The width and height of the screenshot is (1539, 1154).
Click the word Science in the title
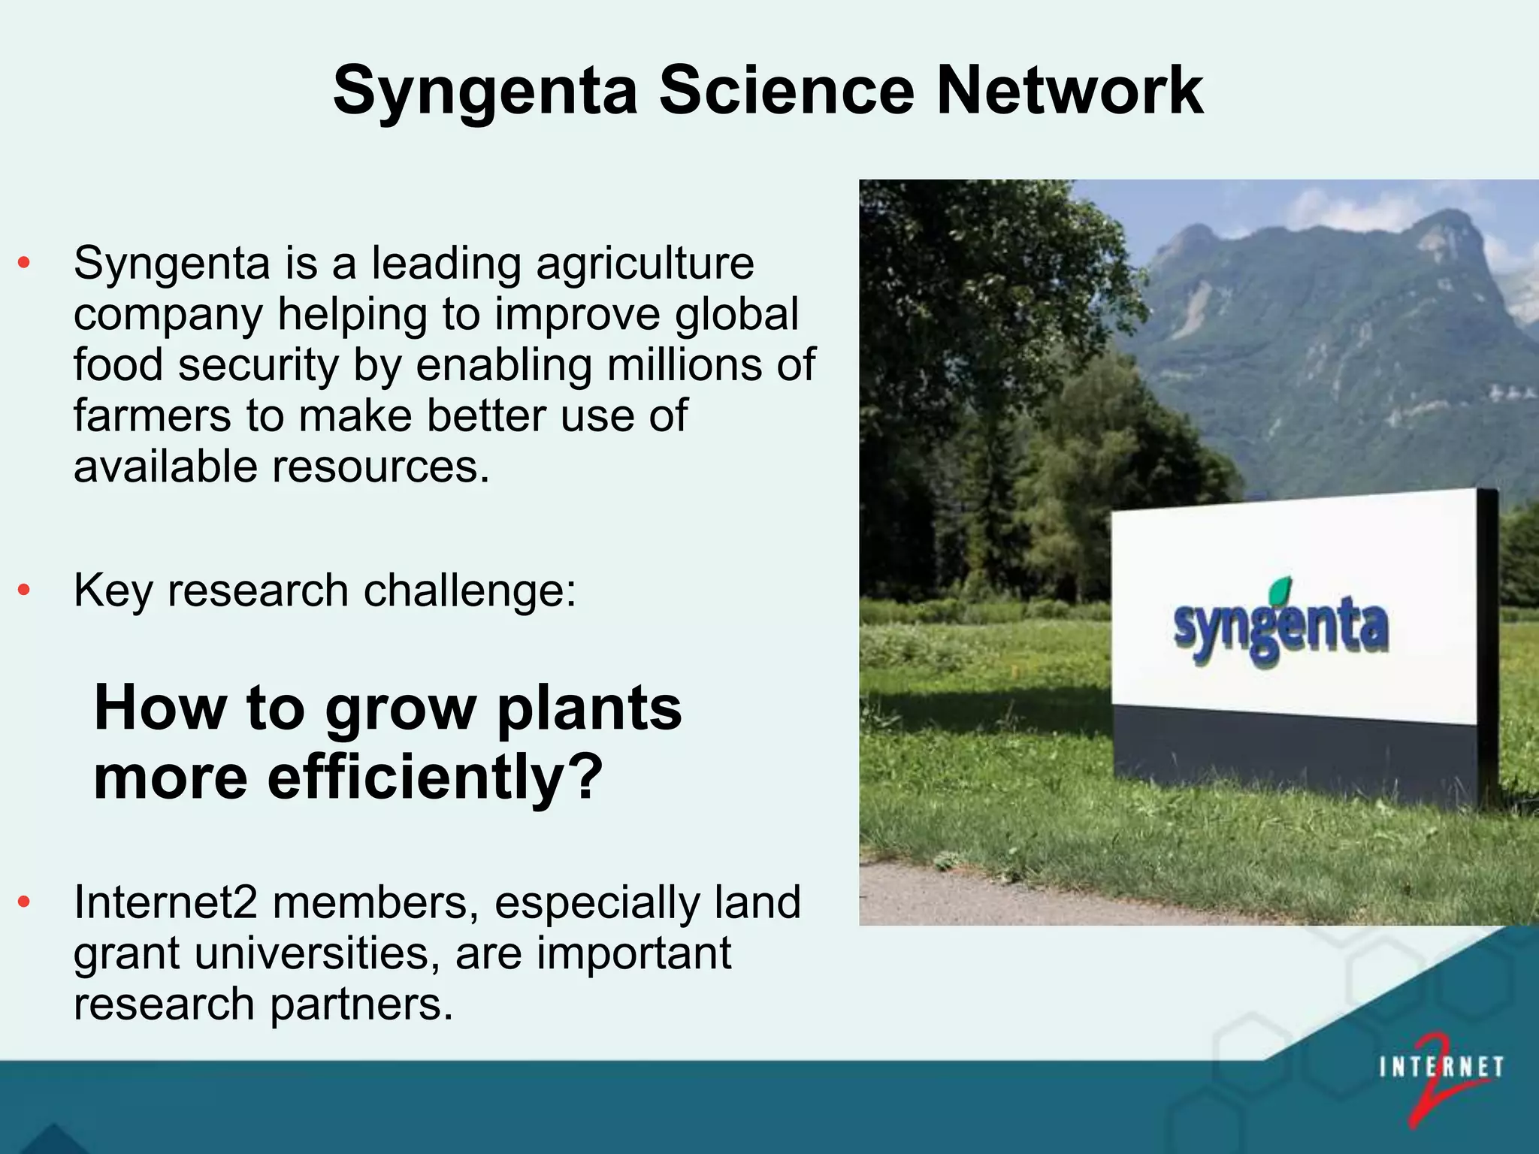pos(786,90)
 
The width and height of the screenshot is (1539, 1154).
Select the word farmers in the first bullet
pos(152,416)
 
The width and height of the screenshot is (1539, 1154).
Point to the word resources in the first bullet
pos(380,467)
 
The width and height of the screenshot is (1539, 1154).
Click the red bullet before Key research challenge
pos(24,591)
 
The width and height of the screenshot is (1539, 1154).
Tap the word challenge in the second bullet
pos(470,591)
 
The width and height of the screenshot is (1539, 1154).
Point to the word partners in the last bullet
pos(361,1004)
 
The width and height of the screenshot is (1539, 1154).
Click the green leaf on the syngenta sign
pos(1280,591)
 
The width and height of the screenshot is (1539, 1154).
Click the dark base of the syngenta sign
pos(1293,755)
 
